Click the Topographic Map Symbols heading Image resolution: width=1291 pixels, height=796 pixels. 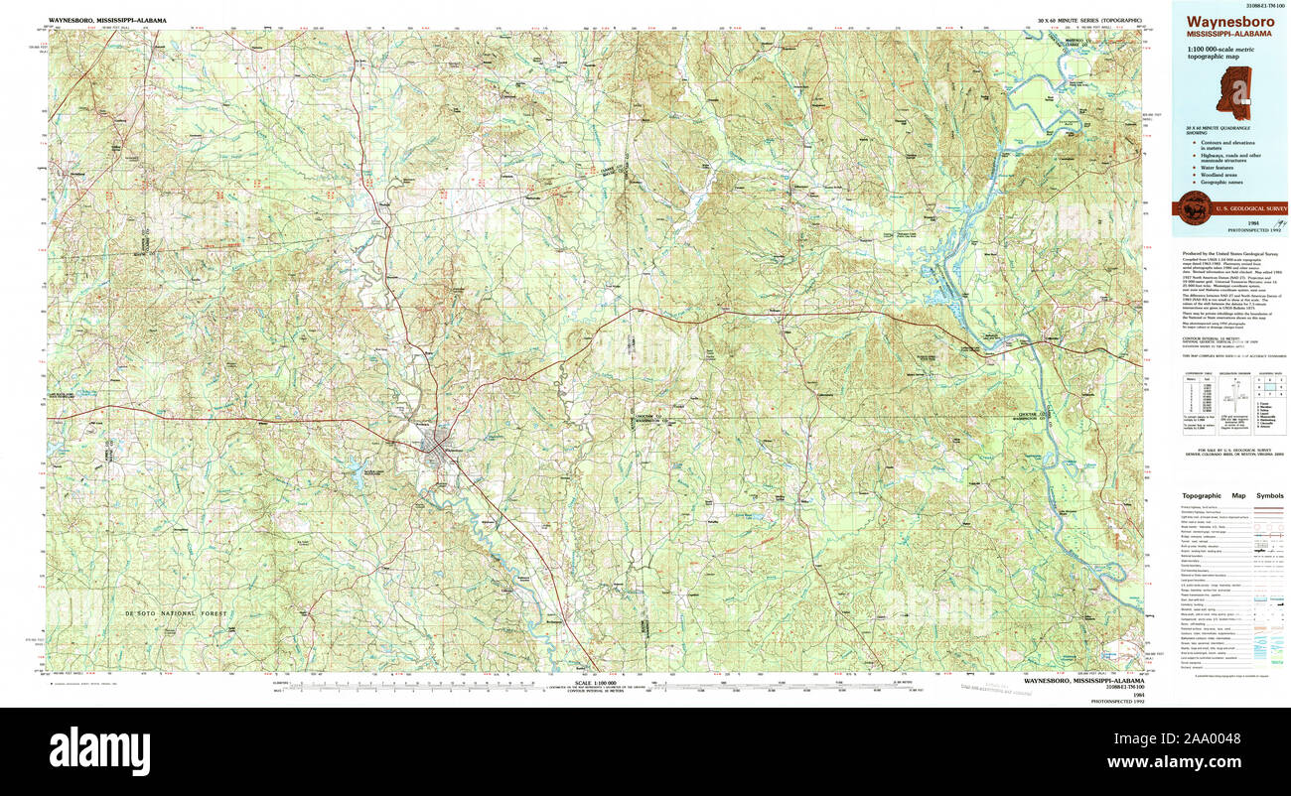pos(1231,495)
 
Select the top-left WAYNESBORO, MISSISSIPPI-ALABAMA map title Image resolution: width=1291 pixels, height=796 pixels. pos(107,20)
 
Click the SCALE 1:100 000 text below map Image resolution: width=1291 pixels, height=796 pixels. pos(595,681)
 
